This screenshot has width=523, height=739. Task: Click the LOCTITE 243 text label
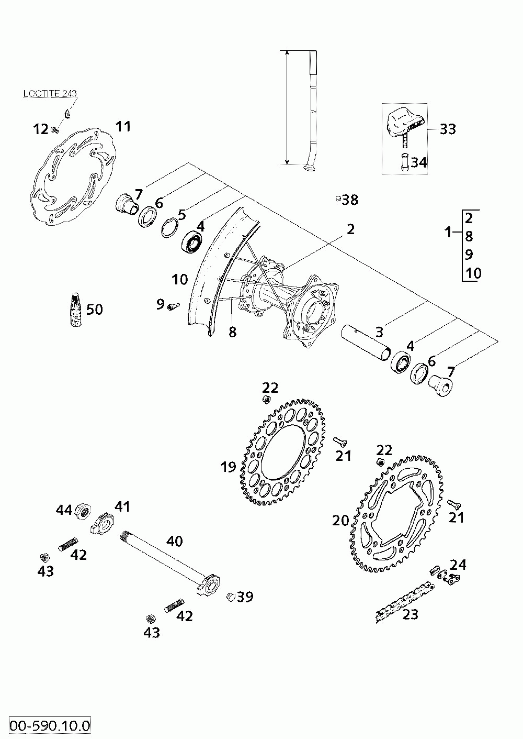coord(50,94)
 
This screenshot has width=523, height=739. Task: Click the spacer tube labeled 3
coord(365,343)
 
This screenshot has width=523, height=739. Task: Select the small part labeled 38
coord(338,198)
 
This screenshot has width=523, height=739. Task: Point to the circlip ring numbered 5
coord(169,229)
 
